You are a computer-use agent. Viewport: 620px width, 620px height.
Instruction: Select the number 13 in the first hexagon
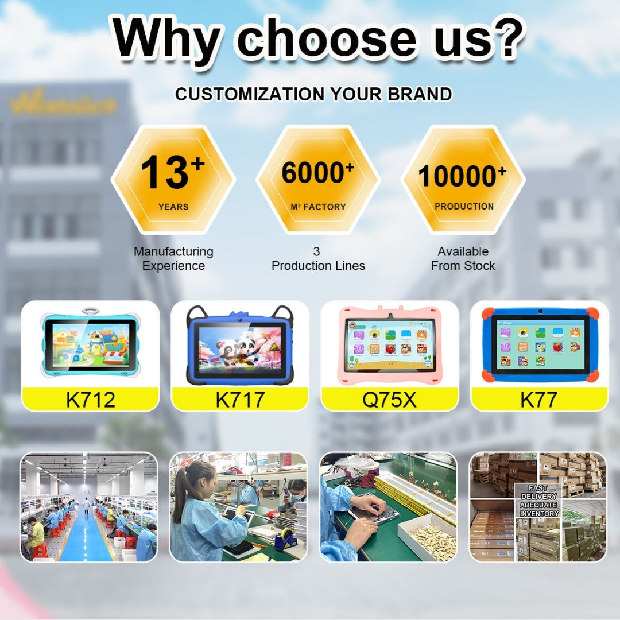click(x=164, y=172)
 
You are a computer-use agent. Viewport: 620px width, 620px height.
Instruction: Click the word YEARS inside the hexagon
click(x=173, y=207)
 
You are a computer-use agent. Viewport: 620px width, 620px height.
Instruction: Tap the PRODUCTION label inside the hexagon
click(x=464, y=206)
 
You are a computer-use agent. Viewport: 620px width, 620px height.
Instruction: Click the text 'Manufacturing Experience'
click(x=173, y=258)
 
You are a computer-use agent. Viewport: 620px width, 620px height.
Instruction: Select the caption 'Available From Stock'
click(x=463, y=258)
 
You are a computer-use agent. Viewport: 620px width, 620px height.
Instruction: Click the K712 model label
click(x=91, y=400)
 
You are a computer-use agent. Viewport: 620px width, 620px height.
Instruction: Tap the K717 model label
click(x=240, y=400)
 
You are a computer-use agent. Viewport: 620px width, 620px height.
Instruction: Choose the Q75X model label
click(x=389, y=400)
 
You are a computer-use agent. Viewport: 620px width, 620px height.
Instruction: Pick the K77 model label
click(x=538, y=400)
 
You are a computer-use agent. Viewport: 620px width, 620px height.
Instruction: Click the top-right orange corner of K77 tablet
click(x=591, y=314)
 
